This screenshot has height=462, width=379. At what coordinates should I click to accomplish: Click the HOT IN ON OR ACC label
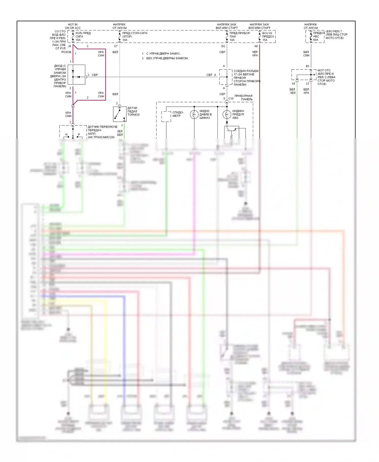(x=73, y=26)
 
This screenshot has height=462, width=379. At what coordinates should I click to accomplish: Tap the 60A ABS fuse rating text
(x=316, y=40)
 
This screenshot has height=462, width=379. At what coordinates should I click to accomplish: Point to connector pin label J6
(x=69, y=46)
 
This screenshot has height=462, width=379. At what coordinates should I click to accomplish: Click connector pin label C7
(x=116, y=46)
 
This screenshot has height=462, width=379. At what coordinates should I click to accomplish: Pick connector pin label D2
(x=223, y=46)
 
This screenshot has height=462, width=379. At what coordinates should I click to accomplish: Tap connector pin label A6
(x=256, y=46)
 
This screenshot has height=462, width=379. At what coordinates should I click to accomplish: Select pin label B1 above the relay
(x=307, y=66)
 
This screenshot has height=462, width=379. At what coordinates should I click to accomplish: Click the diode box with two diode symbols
(x=76, y=75)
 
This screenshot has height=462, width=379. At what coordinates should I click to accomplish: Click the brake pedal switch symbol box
(x=120, y=114)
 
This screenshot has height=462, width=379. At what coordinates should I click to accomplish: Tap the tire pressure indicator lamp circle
(x=194, y=114)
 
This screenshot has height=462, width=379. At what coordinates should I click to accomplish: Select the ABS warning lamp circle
(x=227, y=114)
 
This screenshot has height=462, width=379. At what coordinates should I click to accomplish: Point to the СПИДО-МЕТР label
(x=178, y=114)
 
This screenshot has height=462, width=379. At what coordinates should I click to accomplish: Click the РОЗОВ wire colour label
(x=66, y=52)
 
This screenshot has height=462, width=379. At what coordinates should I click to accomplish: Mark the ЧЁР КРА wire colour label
(x=255, y=54)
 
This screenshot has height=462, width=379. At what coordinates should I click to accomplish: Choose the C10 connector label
(x=231, y=99)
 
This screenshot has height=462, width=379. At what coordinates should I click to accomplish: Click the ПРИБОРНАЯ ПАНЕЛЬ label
(x=244, y=98)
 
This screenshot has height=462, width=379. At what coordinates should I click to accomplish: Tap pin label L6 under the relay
(x=293, y=84)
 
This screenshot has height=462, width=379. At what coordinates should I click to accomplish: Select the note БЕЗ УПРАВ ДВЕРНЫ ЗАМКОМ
(x=167, y=58)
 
